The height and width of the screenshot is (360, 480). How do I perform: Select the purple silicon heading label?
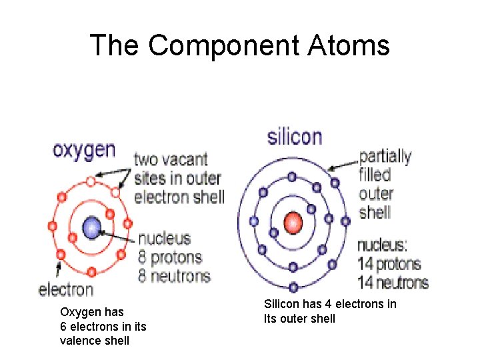pos(294,137)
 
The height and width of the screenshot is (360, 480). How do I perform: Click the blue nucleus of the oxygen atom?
pos(91,228)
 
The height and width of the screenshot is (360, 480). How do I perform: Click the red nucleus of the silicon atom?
pos(293,222)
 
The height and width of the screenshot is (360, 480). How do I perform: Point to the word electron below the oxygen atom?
pos(66,289)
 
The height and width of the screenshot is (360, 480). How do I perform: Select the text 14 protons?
pos(389,263)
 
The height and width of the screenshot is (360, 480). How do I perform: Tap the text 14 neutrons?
pos(393,282)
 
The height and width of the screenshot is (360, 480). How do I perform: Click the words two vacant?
pos(171,160)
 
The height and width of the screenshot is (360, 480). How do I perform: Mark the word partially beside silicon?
pos(385,157)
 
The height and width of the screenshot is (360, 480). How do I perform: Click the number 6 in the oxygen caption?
pos(63,327)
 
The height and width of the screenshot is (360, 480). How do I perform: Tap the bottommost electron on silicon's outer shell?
pos(293,287)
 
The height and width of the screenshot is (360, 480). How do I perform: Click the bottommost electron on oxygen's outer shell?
pos(91,272)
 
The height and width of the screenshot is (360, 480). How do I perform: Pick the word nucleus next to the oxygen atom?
pos(164,238)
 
